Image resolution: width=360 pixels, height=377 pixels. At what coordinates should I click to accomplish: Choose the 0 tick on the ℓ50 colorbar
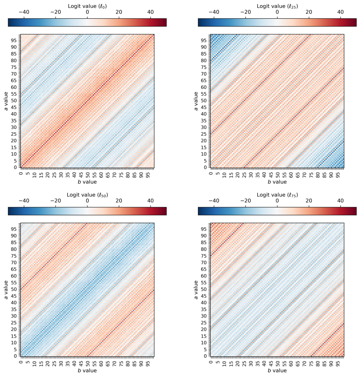87,201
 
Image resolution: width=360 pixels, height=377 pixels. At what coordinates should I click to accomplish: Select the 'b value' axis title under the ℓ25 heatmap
277,182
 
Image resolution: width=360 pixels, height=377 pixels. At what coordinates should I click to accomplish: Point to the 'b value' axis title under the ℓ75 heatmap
277,371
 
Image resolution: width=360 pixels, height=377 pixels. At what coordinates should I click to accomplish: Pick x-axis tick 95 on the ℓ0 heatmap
148,173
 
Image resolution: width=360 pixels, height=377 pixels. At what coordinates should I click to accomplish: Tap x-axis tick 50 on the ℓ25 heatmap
278,173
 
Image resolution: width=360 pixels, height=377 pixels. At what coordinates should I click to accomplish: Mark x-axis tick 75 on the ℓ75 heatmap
311,362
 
